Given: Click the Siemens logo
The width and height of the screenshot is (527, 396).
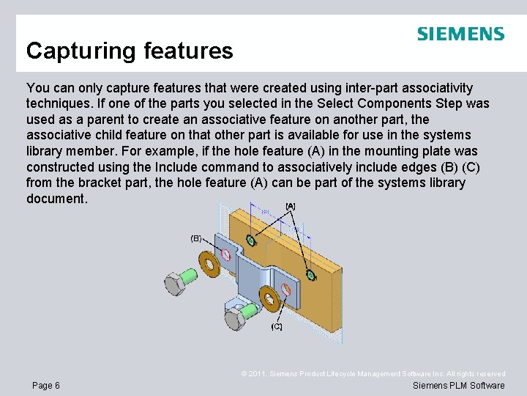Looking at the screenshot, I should click(460, 34).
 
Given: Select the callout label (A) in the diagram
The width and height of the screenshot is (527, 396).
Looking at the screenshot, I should click(291, 206).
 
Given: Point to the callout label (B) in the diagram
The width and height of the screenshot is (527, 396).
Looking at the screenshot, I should click(196, 238).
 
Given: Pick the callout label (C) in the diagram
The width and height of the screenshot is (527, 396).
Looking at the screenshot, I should click(277, 326).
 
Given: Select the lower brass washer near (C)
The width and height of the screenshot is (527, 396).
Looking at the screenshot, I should click(268, 298).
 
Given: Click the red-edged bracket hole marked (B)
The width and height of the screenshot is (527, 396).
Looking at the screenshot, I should click(226, 254).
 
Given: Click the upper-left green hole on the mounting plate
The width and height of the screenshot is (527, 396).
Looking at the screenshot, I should click(251, 240).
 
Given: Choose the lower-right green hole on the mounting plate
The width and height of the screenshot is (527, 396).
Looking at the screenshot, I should click(310, 275).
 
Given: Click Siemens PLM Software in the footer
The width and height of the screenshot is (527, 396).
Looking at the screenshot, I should click(458, 386).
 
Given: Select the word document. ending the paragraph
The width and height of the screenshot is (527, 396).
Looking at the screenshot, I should click(56, 199).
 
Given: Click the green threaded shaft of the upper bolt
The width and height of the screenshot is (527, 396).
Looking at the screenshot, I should click(190, 276).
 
